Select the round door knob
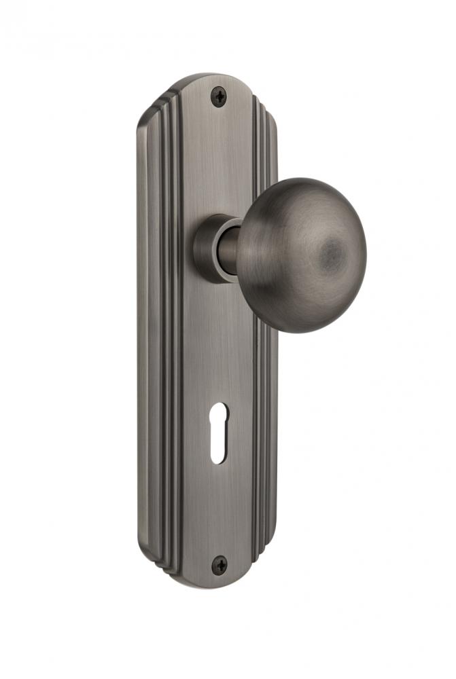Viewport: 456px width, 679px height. click(302, 255)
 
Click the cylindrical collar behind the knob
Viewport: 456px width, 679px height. click(213, 248)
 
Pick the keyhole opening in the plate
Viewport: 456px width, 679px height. click(218, 433)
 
